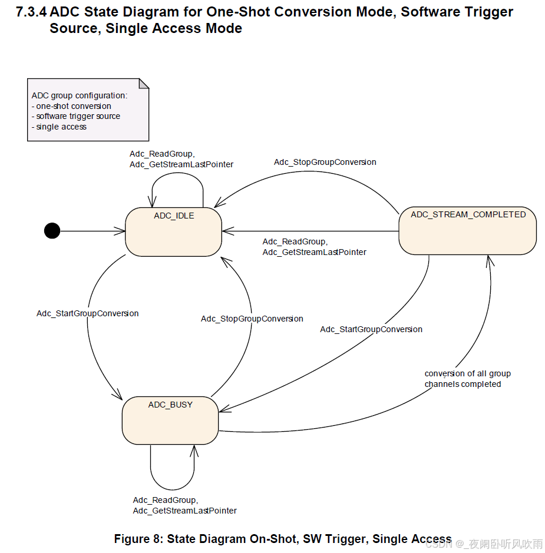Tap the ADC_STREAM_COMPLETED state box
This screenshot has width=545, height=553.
click(467, 231)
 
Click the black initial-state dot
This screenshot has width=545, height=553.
click(52, 231)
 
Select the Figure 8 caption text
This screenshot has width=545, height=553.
click(282, 539)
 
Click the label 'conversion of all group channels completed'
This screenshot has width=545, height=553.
click(467, 379)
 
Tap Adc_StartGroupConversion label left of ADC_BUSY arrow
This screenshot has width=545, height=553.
click(87, 313)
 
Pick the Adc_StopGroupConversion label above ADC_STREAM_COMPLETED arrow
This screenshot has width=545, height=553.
click(325, 162)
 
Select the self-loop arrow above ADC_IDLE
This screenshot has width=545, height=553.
click(177, 177)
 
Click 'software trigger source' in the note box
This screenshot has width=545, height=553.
click(78, 117)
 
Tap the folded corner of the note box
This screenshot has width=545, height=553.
click(143, 83)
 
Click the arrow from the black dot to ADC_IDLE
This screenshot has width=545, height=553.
click(91, 231)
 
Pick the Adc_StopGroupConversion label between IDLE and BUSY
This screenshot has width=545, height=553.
click(252, 319)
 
